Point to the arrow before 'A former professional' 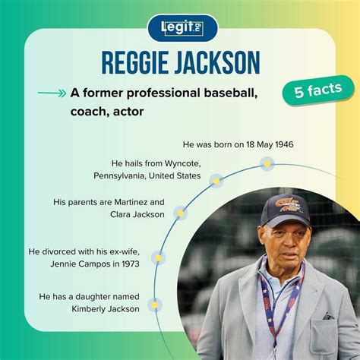point(51,94)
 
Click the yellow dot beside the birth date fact point(266,163)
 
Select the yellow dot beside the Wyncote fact point(216,181)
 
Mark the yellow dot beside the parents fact point(181,213)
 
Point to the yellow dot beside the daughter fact point(155,305)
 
